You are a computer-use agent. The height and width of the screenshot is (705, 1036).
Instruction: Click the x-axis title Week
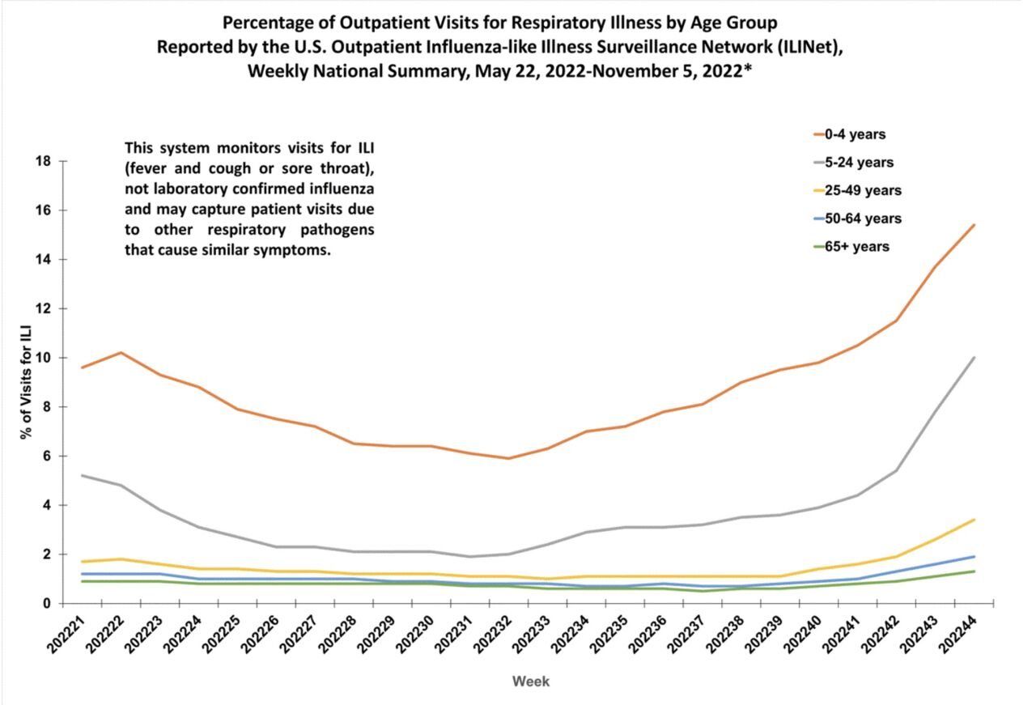531,682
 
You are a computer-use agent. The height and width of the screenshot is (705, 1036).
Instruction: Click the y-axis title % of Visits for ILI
27,381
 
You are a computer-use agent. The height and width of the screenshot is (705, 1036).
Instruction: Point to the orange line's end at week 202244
974,225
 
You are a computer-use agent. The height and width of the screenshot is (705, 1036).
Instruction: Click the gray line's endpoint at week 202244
974,358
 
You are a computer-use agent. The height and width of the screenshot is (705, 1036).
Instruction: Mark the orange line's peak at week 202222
121,352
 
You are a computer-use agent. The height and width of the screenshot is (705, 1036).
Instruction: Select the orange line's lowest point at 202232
508,458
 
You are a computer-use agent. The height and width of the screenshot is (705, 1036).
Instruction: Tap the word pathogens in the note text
342,230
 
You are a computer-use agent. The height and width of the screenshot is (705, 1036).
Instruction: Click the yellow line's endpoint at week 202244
974,520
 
